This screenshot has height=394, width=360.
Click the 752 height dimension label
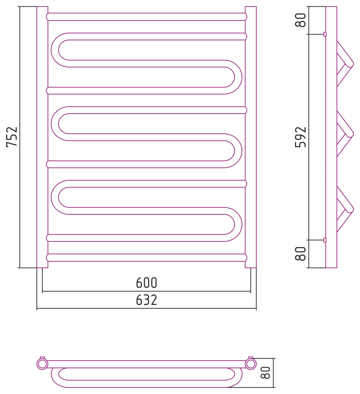(x=12, y=137)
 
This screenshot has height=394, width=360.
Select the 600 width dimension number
(x=146, y=283)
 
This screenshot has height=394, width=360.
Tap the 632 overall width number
(x=146, y=300)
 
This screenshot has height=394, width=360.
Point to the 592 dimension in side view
(x=300, y=137)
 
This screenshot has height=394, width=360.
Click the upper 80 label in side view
(x=300, y=20)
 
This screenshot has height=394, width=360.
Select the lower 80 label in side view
(x=300, y=254)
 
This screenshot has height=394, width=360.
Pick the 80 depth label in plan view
(x=265, y=373)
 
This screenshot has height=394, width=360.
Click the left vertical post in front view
(x=42, y=137)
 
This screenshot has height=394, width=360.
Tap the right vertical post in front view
(x=250, y=137)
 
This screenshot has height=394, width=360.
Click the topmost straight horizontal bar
(x=146, y=17)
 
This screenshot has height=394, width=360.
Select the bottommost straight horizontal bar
(x=146, y=258)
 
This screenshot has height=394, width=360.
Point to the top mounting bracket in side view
(x=325, y=34)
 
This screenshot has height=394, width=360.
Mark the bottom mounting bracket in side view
(x=325, y=240)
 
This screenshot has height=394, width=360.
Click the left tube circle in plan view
(x=42, y=364)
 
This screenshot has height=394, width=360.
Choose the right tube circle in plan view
(x=250, y=364)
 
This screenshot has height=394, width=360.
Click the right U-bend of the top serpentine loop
(x=238, y=77)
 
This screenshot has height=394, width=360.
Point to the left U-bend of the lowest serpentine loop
(x=55, y=197)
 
